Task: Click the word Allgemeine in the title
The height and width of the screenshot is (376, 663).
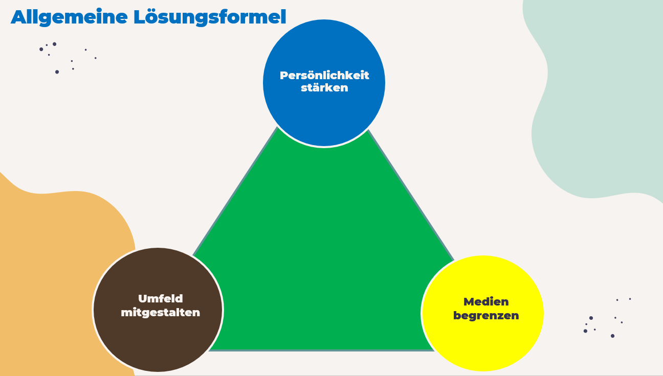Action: pyautogui.click(x=69, y=17)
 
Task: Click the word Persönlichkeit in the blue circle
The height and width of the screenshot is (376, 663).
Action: pyautogui.click(x=324, y=76)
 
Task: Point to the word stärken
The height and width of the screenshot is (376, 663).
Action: pyautogui.click(x=324, y=88)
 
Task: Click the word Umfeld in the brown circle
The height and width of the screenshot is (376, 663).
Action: pyautogui.click(x=160, y=299)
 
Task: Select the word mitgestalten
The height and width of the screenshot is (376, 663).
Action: pyautogui.click(x=160, y=313)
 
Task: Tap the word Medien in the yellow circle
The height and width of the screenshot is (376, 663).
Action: pyautogui.click(x=486, y=302)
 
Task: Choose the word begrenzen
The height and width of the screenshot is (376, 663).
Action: pyautogui.click(x=486, y=316)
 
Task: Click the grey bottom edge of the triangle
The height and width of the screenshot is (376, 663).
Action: pyautogui.click(x=322, y=350)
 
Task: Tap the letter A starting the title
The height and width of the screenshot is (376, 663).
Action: pyautogui.click(x=18, y=17)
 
